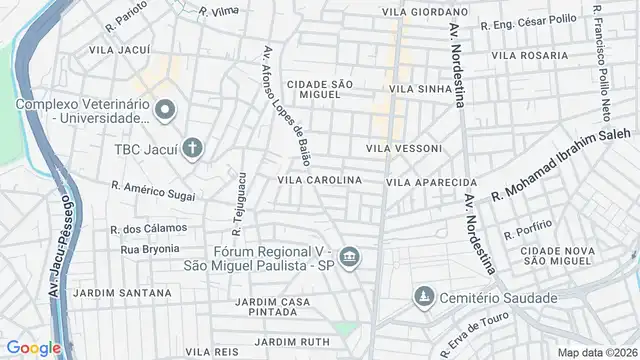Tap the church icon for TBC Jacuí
[192, 149]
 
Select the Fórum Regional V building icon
[349, 258]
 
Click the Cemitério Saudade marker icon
[424, 297]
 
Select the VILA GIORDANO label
[421, 12]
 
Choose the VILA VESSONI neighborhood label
[404, 148]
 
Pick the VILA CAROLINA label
[319, 180]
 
